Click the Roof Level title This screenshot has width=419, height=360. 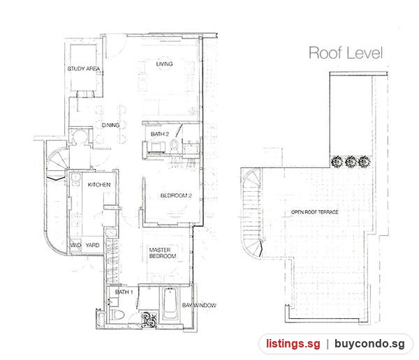(x=346, y=52)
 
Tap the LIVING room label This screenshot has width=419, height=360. (x=164, y=63)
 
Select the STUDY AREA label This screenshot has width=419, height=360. (x=83, y=68)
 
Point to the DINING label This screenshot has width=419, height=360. (x=110, y=125)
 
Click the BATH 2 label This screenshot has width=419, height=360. (x=159, y=134)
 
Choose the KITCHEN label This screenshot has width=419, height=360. (x=99, y=185)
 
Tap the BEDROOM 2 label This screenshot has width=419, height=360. (x=176, y=195)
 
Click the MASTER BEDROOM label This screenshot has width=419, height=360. (x=163, y=253)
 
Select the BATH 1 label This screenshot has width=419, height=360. (x=124, y=292)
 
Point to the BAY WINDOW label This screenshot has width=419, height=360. (x=199, y=306)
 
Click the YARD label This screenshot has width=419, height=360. (x=92, y=245)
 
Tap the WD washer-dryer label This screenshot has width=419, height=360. (x=75, y=245)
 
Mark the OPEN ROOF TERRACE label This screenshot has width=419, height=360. (x=314, y=212)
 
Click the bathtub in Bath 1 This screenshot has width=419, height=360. (x=170, y=303)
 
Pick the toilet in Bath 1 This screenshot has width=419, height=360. (x=117, y=315)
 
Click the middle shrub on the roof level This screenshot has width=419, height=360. (x=351, y=162)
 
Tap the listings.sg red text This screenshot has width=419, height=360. (x=293, y=343)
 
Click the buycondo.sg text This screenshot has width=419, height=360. (x=369, y=344)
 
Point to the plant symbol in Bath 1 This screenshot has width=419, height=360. (x=149, y=320)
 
